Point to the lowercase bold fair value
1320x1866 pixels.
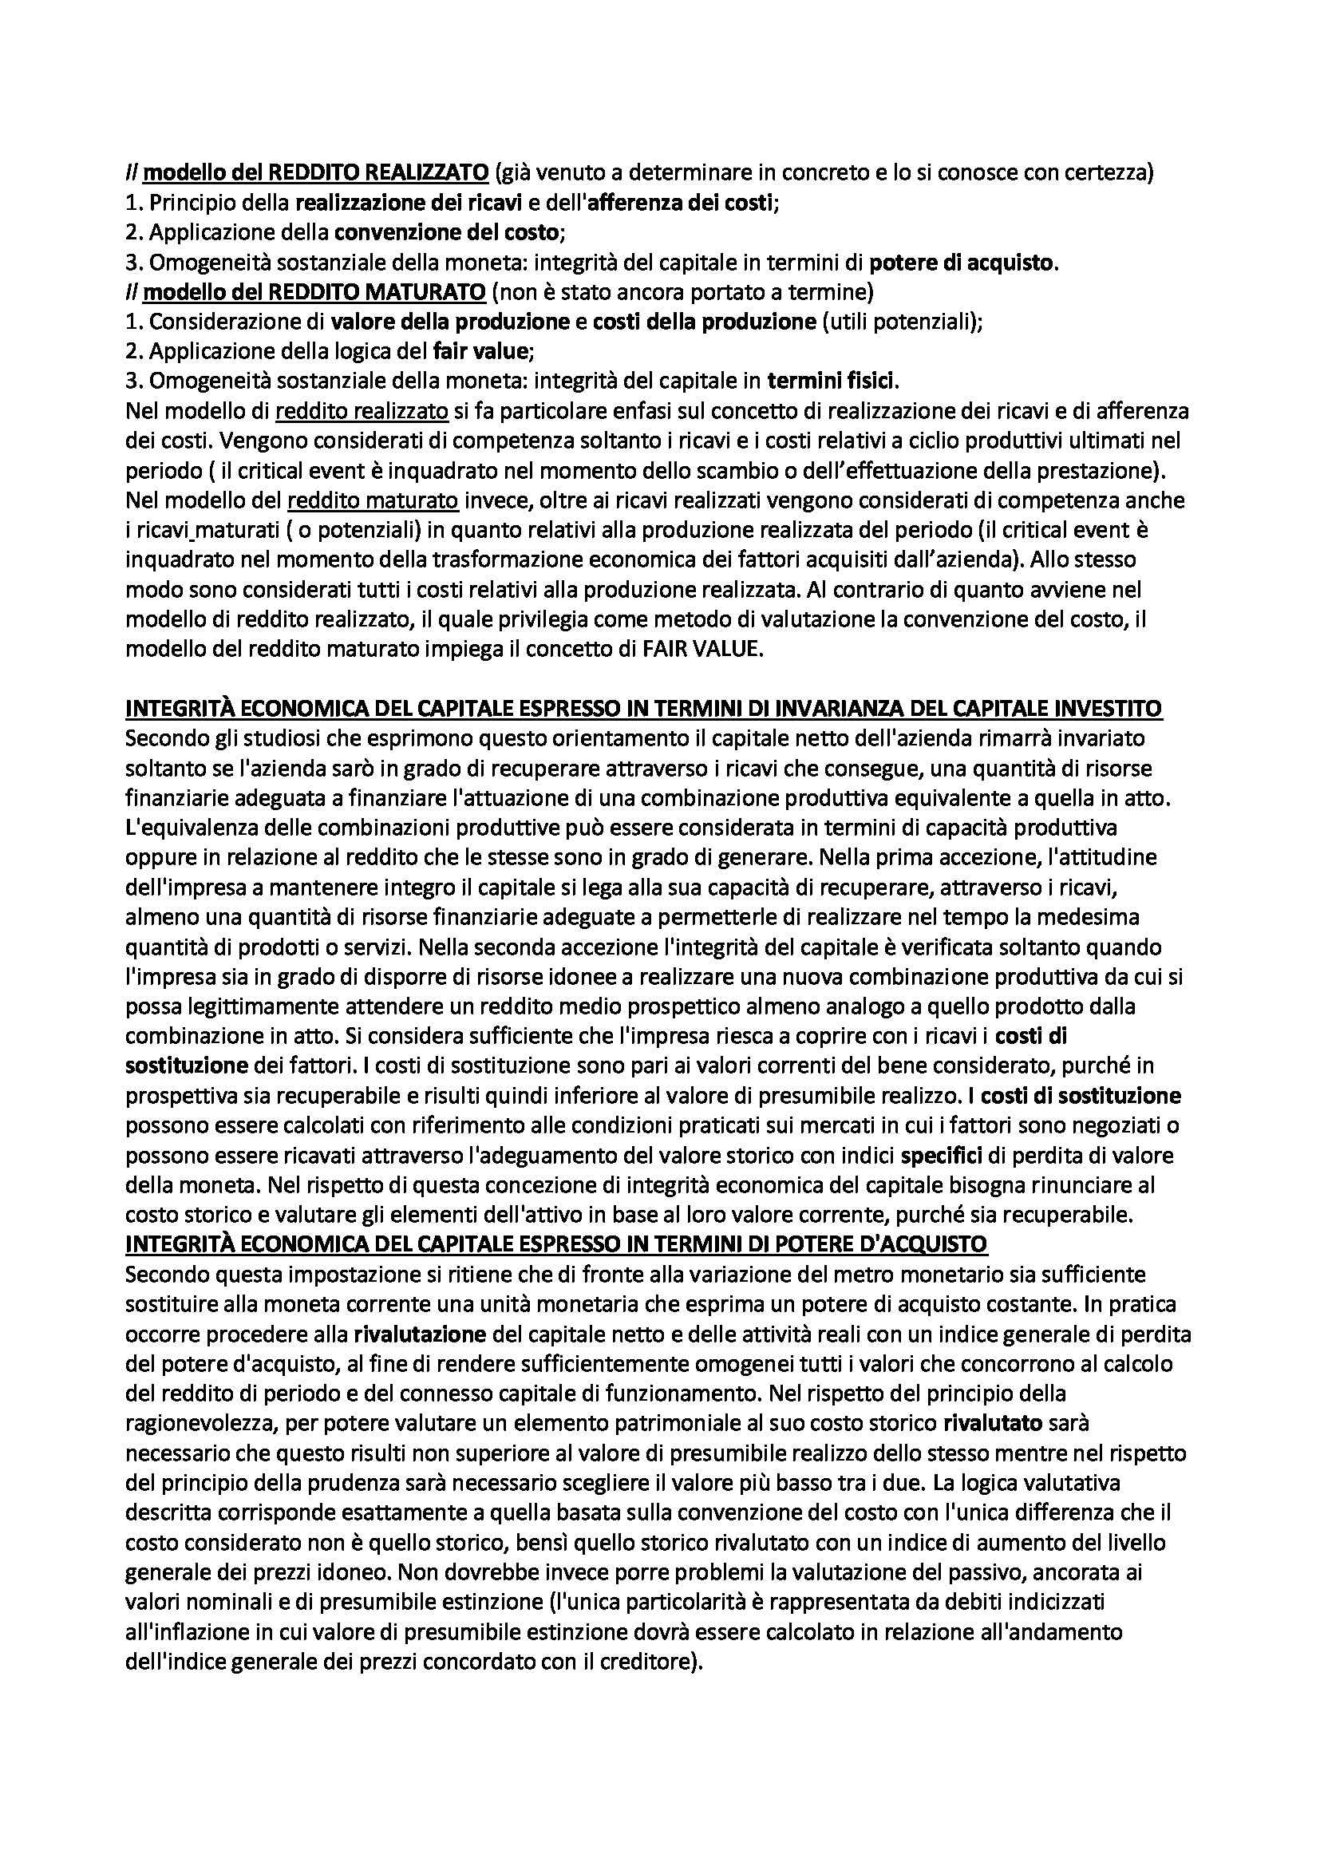point(485,351)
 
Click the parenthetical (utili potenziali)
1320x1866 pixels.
point(900,321)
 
